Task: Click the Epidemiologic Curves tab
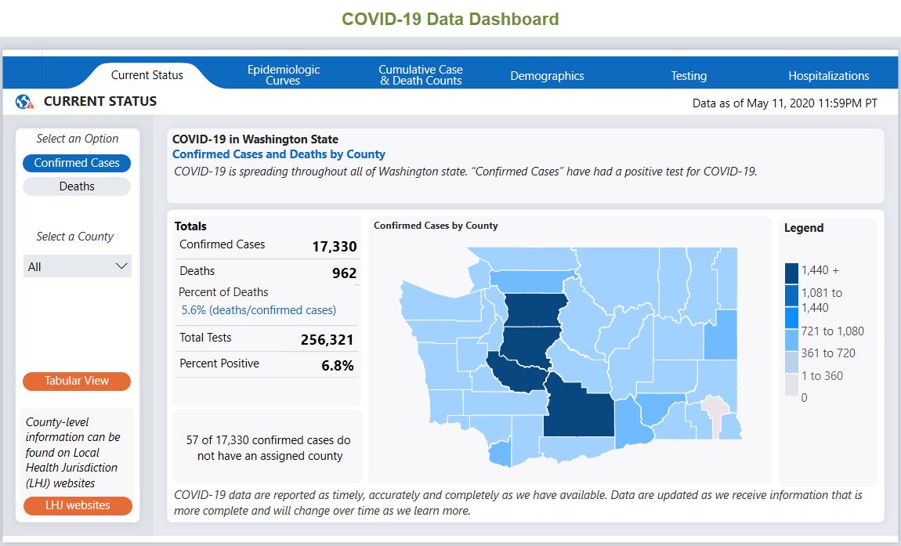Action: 284,75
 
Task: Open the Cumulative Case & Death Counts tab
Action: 421,75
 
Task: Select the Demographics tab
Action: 547,76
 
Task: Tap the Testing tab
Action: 689,76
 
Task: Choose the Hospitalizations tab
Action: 828,76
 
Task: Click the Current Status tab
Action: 147,75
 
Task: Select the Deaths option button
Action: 77,186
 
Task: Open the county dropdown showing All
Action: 78,266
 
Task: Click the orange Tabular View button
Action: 77,381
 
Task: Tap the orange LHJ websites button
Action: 77,505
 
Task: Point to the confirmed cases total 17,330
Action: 334,246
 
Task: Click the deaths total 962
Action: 344,273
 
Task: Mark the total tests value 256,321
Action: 327,340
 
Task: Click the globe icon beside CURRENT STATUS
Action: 24,102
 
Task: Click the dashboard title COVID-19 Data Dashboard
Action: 450,20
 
